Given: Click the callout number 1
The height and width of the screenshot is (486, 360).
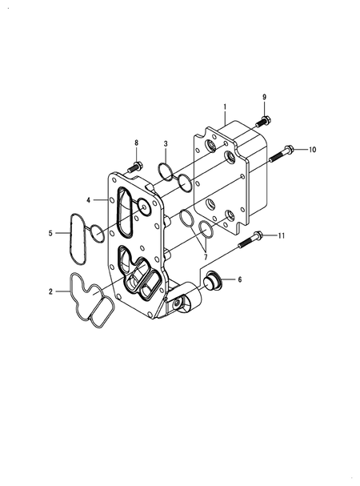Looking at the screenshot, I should pos(225,106).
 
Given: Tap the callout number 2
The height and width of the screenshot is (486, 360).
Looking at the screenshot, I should pos(50,292).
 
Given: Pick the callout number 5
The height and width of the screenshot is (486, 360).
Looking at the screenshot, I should pos(50,234).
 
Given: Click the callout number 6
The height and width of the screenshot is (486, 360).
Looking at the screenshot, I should pos(239,280).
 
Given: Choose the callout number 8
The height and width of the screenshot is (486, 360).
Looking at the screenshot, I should pos(135,143).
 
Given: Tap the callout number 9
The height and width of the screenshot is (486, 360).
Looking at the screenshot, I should pos(264,97).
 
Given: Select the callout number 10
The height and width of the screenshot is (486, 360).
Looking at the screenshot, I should pos(312,150).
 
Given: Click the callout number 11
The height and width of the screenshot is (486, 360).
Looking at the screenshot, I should pos(281,235).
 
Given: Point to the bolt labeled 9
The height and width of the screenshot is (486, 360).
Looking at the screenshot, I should pos(262,123).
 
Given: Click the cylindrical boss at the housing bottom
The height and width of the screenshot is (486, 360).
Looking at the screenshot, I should pos(186,303).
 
